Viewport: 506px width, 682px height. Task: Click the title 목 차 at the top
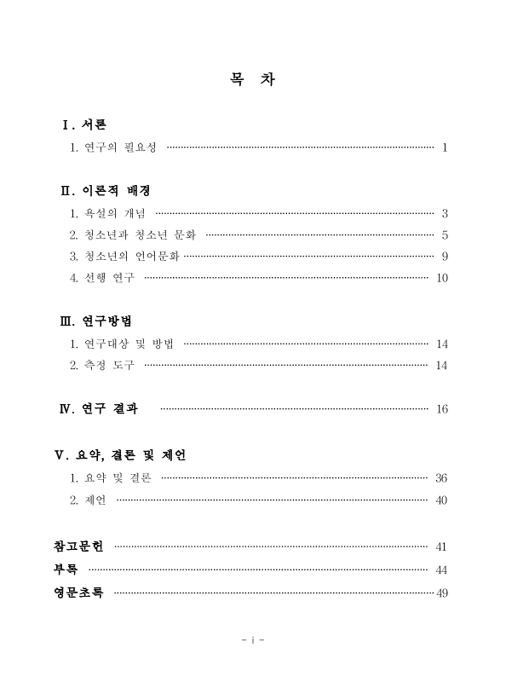coord(252,81)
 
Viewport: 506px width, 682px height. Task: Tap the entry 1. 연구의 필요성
coord(114,147)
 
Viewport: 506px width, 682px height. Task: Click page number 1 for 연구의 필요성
coord(445,148)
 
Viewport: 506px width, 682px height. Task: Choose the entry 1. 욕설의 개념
coord(108,212)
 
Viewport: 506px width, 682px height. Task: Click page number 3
coord(445,213)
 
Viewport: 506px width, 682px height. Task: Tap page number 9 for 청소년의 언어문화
coord(445,257)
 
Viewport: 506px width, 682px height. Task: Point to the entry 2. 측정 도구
coord(102,366)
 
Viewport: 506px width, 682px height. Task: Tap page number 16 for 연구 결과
coord(441,409)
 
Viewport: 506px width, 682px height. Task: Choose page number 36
coord(441,478)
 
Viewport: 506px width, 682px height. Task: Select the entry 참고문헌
coord(78,546)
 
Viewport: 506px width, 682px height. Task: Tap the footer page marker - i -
coord(253,639)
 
